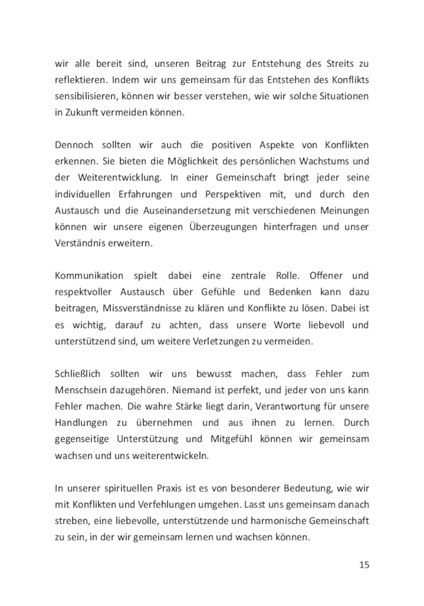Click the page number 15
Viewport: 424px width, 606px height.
364,565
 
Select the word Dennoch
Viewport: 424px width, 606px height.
72,145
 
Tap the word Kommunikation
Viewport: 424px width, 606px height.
89,276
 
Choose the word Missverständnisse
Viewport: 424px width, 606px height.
143,309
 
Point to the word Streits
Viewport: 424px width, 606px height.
342,63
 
